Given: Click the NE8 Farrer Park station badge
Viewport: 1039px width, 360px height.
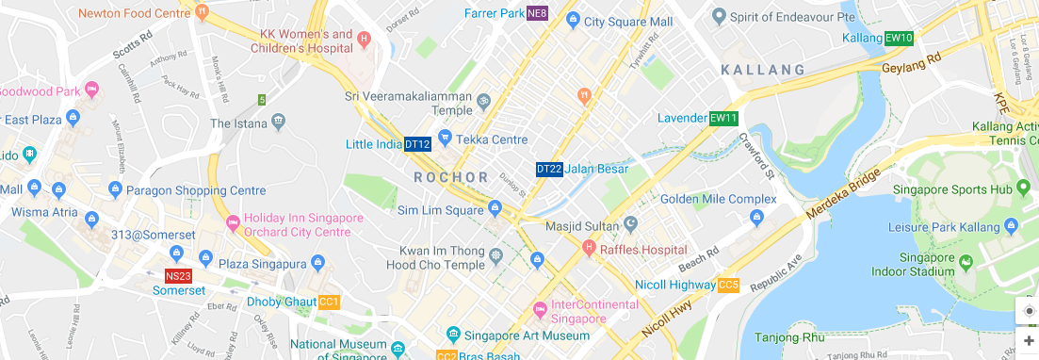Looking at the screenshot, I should tap(537, 13).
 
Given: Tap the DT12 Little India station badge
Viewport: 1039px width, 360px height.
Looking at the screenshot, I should tap(417, 144).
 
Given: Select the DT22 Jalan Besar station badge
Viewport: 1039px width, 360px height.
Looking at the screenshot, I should tap(549, 169).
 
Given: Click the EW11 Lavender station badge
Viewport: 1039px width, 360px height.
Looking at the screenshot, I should tap(724, 119).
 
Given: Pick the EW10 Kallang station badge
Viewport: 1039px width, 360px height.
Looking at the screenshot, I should tap(900, 38).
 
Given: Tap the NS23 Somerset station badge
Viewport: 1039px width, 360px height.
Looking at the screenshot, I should tap(178, 276).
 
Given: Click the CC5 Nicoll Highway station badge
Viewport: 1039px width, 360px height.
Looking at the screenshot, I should tap(728, 285).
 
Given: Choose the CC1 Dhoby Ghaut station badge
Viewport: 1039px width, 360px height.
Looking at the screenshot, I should tap(329, 302).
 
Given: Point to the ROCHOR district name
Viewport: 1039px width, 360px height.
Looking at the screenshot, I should tap(450, 177).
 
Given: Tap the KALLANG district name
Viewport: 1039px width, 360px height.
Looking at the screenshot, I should tap(763, 70).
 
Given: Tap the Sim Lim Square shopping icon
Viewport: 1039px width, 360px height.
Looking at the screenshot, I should tap(495, 207).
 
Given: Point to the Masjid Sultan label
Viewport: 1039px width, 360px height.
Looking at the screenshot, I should tap(582, 226).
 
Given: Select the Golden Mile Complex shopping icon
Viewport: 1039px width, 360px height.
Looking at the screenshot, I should tap(756, 219).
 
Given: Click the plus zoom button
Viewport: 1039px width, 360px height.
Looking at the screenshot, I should tap(1029, 340).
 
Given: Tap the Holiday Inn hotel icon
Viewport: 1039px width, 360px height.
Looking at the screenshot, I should tap(232, 224).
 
